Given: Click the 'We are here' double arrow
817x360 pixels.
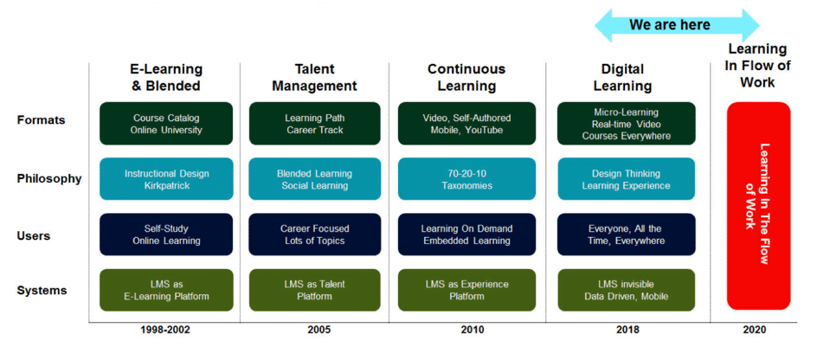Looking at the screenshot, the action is pos(677,25).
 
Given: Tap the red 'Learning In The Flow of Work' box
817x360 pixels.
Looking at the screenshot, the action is pos(759,206).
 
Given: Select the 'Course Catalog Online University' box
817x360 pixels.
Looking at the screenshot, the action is pos(166,124).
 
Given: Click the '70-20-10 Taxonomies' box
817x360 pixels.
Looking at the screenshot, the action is pos(466,178).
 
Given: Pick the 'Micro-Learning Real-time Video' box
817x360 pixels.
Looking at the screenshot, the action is pos(627,124).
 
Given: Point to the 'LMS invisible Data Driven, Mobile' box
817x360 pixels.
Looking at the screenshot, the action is pos(627,290).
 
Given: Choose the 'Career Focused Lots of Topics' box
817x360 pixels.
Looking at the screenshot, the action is pos(315,235).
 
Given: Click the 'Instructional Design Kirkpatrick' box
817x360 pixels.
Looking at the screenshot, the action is pos(166,178).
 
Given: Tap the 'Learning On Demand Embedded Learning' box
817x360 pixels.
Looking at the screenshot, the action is pos(466,235).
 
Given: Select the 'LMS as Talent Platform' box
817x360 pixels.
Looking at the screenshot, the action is pos(315,290).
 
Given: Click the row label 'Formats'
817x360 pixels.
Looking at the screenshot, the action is pos(42,120).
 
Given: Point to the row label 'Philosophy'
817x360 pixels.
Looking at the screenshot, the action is pos(49,178).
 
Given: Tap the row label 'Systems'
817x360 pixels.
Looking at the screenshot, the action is pos(42,290).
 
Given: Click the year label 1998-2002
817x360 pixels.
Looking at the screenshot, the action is pos(166,330).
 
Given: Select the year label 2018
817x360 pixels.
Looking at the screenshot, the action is pos(627,330).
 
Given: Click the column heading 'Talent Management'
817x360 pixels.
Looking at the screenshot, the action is pos(315,78).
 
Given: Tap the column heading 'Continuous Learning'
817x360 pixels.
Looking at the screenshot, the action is pos(466,78).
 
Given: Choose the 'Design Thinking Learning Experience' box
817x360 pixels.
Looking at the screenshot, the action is pos(627,178).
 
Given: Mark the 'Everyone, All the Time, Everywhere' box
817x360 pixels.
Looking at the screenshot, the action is pos(627,235).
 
